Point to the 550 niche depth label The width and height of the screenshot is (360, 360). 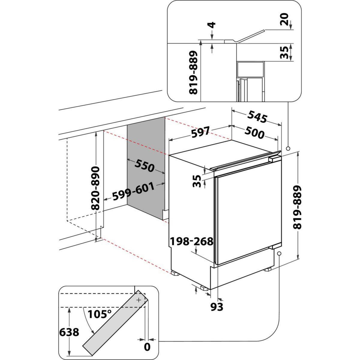144,166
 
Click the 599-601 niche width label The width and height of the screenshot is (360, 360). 133,191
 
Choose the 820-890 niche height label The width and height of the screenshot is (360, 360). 95,188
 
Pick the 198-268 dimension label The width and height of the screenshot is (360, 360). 191,241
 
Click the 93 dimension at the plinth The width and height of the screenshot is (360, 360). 217,307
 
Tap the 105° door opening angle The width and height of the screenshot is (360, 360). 99,314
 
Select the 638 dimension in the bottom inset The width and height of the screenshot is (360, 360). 69,332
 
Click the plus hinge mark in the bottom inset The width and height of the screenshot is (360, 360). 139,300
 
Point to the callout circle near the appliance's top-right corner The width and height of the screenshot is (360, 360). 288,148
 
